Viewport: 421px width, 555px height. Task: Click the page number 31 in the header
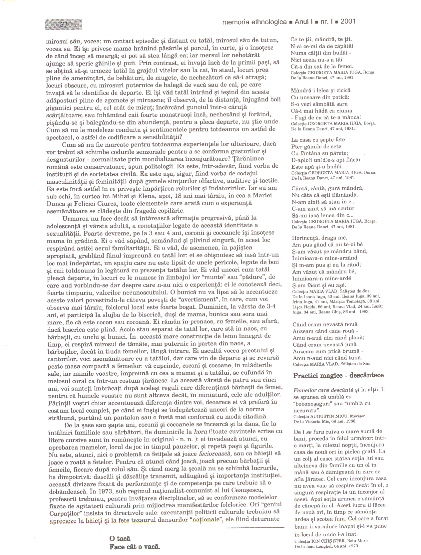click(64, 24)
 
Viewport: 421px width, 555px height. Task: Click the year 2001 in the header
click(348, 22)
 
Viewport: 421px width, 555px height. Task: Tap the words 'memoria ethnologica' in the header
click(254, 22)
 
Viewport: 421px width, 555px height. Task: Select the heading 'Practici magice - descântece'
click(338, 375)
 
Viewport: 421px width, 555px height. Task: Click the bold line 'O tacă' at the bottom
click(120, 538)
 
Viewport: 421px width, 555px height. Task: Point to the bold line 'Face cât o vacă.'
click(135, 547)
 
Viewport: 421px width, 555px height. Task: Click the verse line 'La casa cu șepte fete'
click(318, 140)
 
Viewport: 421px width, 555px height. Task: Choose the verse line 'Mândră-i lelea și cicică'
click(320, 91)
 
